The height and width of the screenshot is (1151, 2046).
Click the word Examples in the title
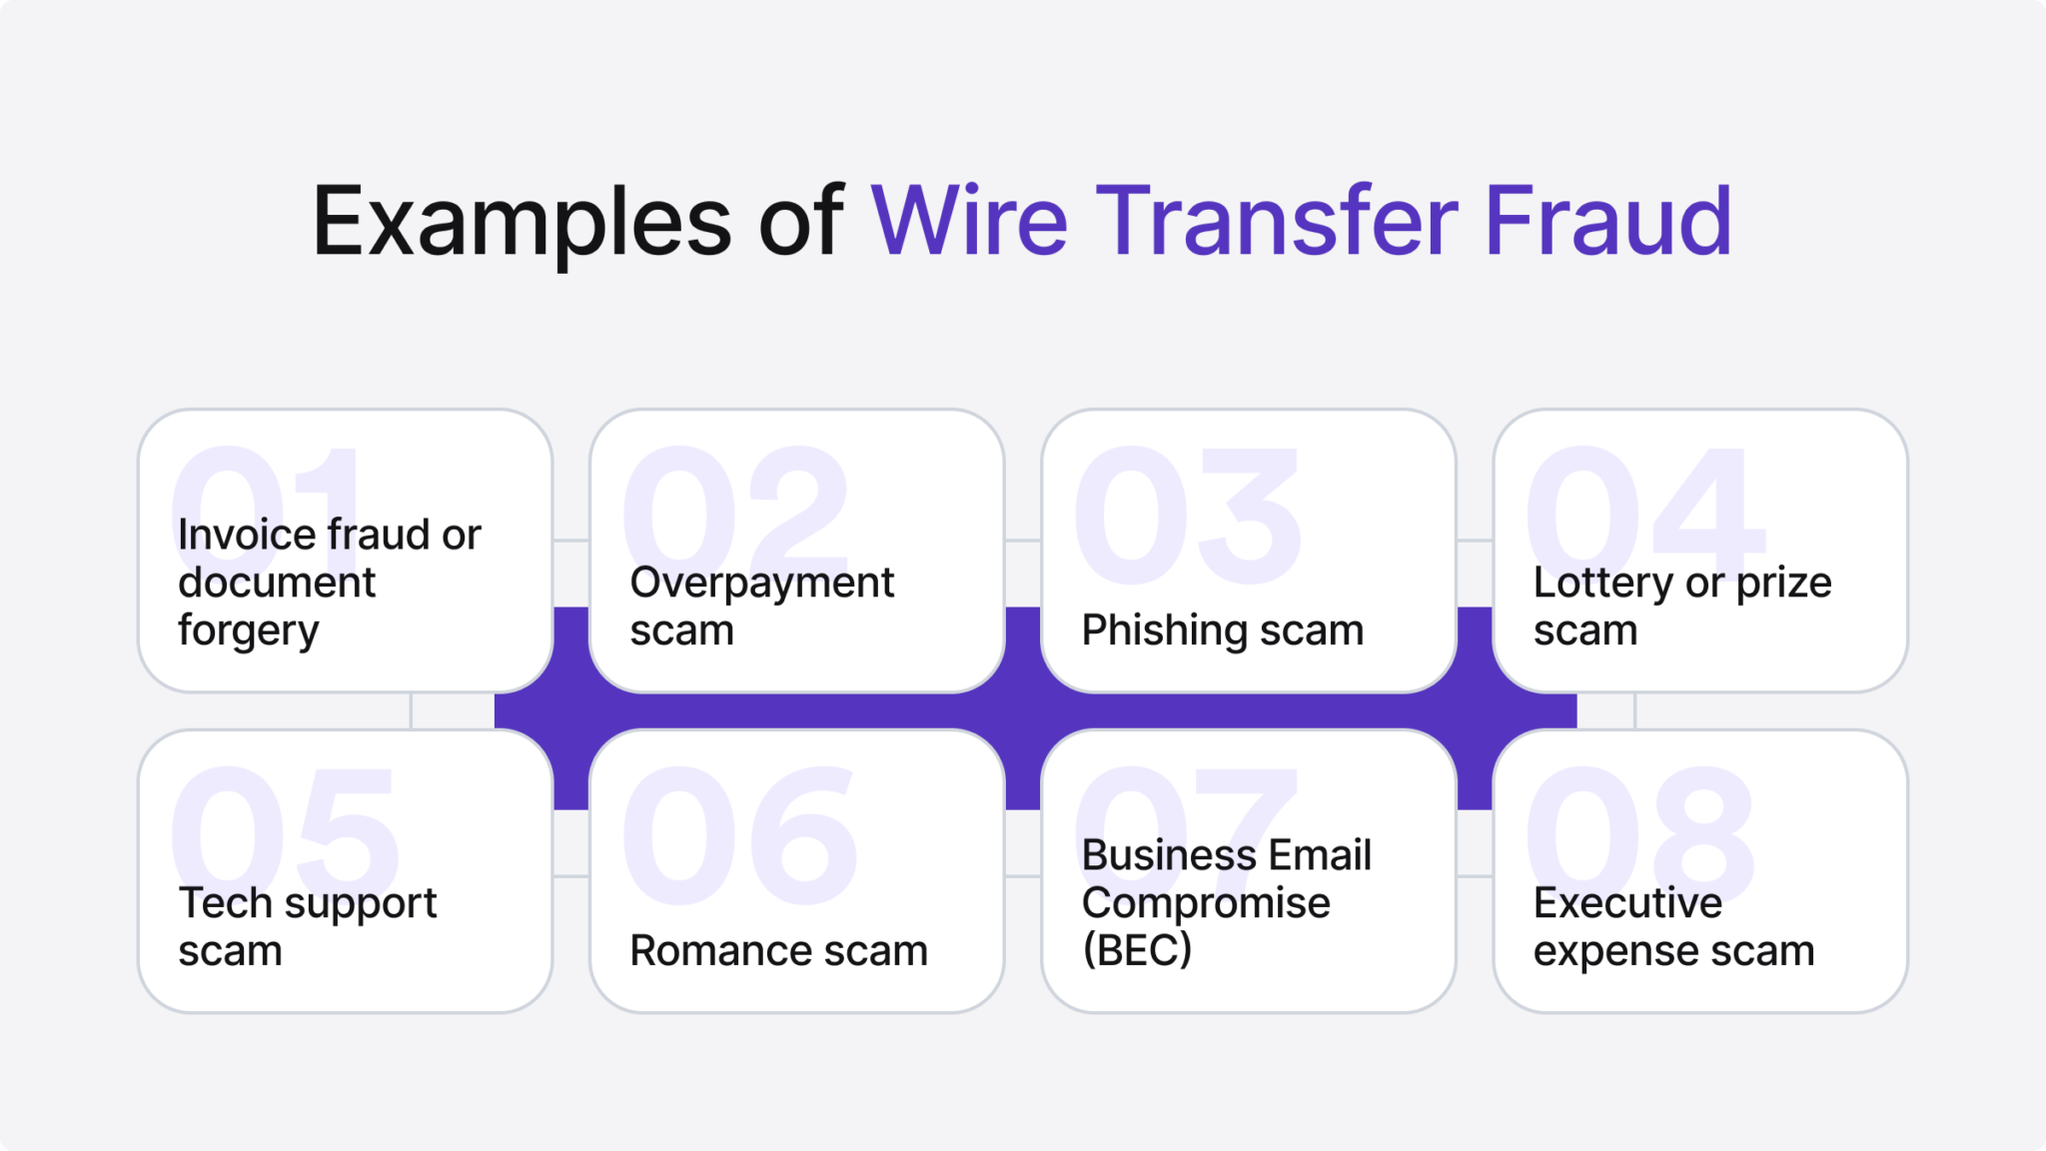pos(521,222)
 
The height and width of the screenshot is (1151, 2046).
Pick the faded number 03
pos(1187,515)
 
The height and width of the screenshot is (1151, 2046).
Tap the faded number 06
pos(739,834)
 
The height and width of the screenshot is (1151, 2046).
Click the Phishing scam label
pos(1222,630)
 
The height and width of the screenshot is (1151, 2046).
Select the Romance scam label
pos(778,950)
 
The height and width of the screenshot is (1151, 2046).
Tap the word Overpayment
pos(761,583)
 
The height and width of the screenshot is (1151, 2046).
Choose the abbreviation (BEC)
pos(1137,950)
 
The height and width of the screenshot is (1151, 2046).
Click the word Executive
pos(1627,903)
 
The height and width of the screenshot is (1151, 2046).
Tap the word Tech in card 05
pos(225,903)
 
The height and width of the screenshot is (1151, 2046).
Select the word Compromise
pos(1205,903)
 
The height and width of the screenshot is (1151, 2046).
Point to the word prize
pos(1783,583)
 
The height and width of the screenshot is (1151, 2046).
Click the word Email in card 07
pos(1321,855)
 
